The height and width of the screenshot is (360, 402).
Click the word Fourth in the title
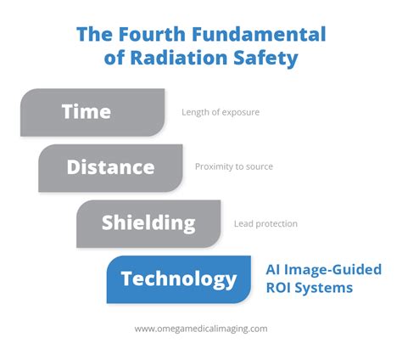coord(152,34)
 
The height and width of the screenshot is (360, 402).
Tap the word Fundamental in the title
coord(259,34)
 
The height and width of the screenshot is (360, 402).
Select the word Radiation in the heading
coord(179,58)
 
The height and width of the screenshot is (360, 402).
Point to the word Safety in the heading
coord(265,59)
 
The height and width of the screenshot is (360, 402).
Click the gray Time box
coord(92,112)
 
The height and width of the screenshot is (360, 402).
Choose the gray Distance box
coord(110,168)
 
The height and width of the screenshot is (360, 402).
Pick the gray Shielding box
coord(148,224)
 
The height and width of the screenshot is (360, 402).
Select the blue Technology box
coord(179,279)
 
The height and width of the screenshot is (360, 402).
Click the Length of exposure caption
coord(221,112)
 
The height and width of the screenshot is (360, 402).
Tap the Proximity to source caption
coord(234,166)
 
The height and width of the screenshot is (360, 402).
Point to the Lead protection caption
coord(265,224)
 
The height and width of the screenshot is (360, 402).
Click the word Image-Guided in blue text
coord(332,270)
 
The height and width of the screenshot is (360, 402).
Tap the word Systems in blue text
coord(324,289)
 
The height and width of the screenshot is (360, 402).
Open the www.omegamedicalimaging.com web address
coord(201,329)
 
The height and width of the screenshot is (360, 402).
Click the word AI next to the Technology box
coord(272,269)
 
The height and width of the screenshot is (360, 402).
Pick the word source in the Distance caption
coord(260,167)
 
